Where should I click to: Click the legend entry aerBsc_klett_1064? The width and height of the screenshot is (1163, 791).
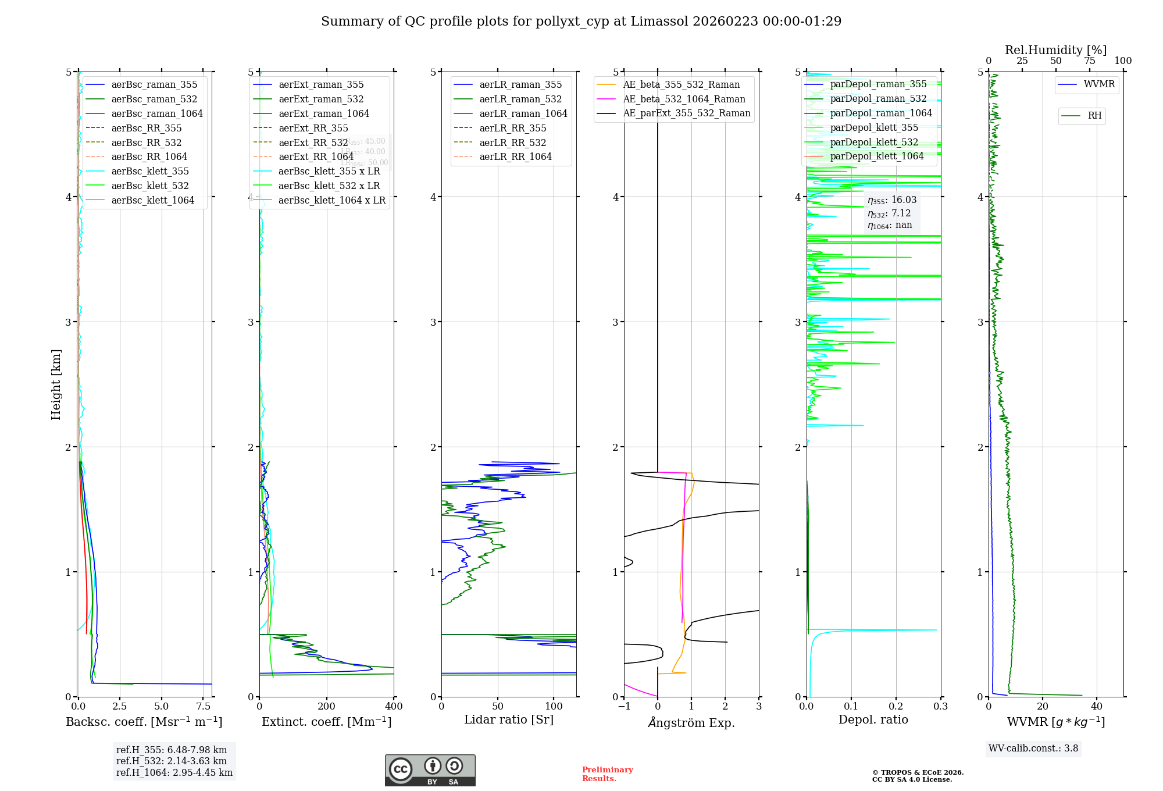pyautogui.click(x=152, y=200)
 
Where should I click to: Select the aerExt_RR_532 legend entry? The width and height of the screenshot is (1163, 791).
pyautogui.click(x=313, y=142)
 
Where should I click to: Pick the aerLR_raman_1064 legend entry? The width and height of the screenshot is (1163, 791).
pyautogui.click(x=523, y=113)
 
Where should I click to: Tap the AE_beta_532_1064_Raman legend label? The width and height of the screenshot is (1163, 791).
pyautogui.click(x=684, y=99)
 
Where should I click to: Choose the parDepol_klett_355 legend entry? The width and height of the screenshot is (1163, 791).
pyautogui.click(x=874, y=127)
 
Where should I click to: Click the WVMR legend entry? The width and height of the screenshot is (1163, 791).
pyautogui.click(x=1099, y=84)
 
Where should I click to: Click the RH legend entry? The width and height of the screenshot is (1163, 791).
pyautogui.click(x=1094, y=116)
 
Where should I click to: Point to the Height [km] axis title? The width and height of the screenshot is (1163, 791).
pyautogui.click(x=56, y=384)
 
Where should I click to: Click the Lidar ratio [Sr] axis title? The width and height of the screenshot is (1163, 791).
pyautogui.click(x=509, y=719)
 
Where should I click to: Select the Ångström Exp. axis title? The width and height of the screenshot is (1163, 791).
pyautogui.click(x=691, y=722)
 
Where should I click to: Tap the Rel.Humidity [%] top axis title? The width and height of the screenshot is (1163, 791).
pyautogui.click(x=1055, y=50)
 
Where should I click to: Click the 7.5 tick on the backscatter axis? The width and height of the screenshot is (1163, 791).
pyautogui.click(x=204, y=707)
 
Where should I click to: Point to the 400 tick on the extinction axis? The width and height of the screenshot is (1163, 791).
pyautogui.click(x=394, y=707)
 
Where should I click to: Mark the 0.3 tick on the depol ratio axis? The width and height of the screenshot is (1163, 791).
pyautogui.click(x=940, y=707)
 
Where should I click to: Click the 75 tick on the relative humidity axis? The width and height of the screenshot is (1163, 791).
pyautogui.click(x=1090, y=61)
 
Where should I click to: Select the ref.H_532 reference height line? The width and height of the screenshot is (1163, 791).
pyautogui.click(x=171, y=761)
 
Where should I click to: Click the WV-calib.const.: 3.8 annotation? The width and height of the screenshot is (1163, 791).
pyautogui.click(x=1033, y=749)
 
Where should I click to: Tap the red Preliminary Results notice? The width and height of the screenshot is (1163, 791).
pyautogui.click(x=607, y=774)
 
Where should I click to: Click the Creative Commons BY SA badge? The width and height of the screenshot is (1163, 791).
pyautogui.click(x=430, y=770)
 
